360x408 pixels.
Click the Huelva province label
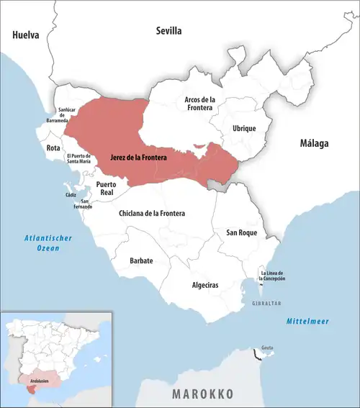25,34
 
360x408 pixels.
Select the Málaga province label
314,143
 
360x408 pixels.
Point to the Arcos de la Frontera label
205,104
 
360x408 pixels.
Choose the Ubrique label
244,128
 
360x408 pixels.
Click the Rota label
53,148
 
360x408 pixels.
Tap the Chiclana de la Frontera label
151,214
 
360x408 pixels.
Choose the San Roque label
241,232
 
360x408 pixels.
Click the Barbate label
141,260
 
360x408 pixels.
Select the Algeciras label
205,286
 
